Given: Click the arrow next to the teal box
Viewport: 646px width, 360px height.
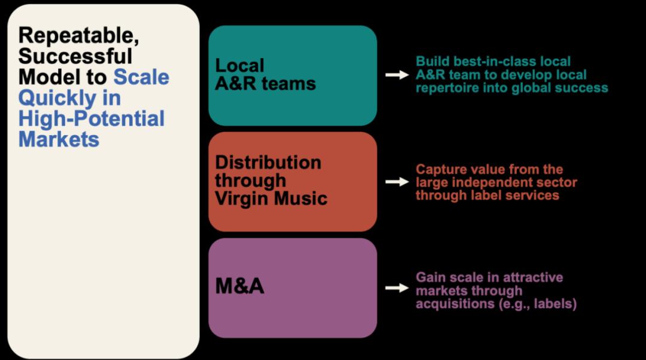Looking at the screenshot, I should (397, 75).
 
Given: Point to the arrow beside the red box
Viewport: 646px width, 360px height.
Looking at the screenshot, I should (397, 181).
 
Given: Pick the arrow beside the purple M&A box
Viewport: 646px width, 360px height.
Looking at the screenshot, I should (397, 288).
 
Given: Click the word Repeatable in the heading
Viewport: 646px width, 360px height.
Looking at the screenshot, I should (78, 35).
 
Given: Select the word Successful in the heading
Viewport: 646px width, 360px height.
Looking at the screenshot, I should (75, 56).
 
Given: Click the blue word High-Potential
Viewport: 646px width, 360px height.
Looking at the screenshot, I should (91, 118).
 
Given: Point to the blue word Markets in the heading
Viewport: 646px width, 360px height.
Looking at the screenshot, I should (59, 139).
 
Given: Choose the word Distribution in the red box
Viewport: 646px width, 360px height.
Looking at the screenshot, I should (268, 163).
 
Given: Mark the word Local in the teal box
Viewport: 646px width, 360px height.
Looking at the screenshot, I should (239, 66).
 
